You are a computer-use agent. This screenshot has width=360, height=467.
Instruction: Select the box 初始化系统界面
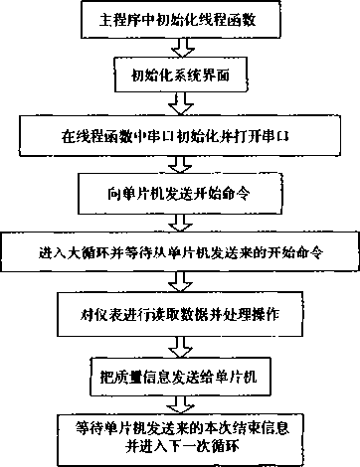[180, 74]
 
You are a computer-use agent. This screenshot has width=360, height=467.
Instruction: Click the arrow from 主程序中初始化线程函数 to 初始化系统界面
[180, 46]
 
